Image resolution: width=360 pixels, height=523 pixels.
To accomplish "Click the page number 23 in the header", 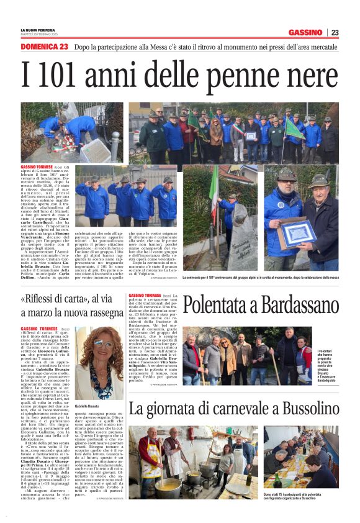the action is [x=335, y=32].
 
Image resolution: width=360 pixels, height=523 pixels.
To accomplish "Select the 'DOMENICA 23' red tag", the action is [x=44, y=47].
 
